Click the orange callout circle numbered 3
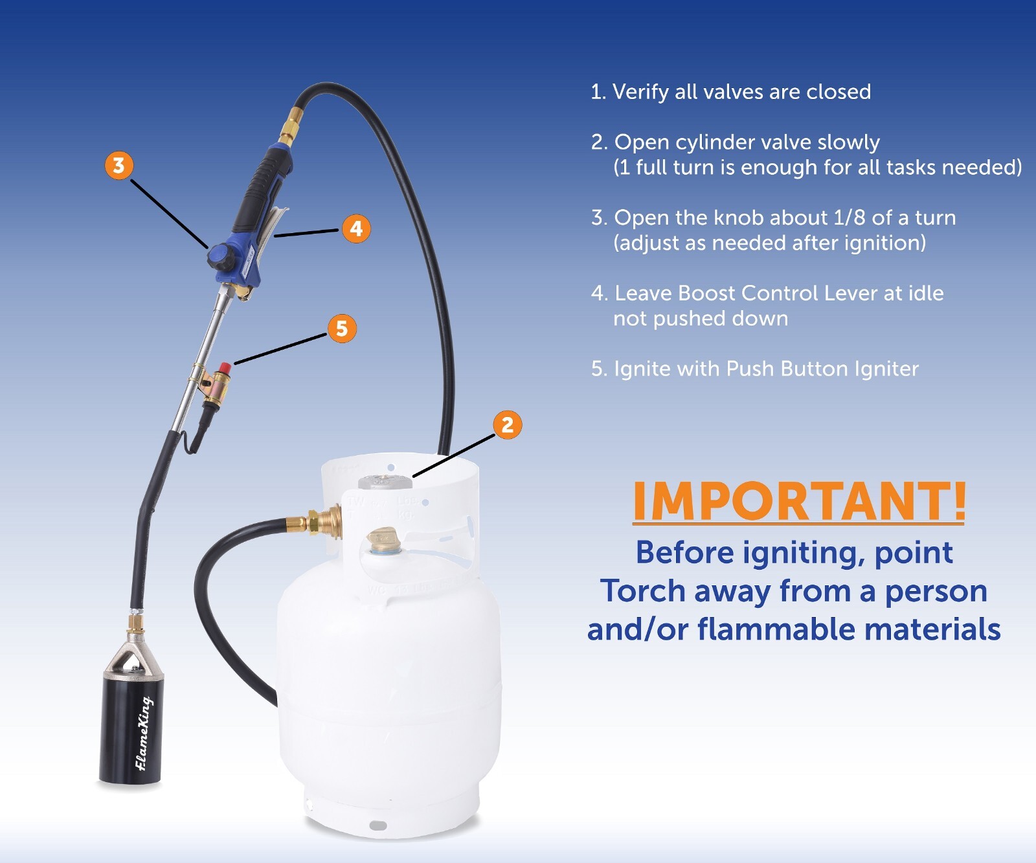tap(118, 166)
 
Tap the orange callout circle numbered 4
tap(356, 229)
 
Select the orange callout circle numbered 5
tap(342, 329)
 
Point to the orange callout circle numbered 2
tap(508, 425)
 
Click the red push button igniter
tap(224, 369)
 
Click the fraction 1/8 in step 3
tap(849, 218)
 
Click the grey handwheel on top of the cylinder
tap(385, 482)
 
